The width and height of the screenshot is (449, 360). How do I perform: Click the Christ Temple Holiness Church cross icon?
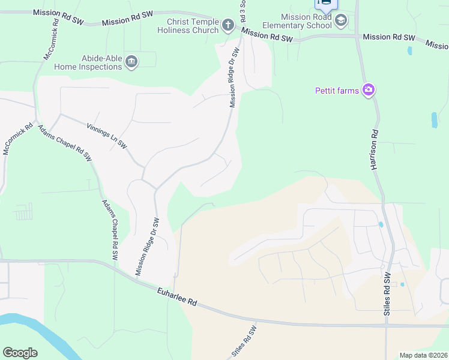click(228, 25)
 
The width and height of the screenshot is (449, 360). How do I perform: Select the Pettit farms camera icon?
click(369, 91)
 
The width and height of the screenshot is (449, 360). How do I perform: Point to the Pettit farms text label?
click(337, 91)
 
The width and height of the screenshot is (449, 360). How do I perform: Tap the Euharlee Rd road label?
click(176, 296)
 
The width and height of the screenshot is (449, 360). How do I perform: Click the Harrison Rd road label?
click(375, 150)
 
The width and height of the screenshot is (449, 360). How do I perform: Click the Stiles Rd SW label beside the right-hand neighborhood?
click(388, 294)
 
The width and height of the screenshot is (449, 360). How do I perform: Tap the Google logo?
click(20, 353)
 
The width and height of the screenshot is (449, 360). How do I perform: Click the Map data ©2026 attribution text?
click(423, 355)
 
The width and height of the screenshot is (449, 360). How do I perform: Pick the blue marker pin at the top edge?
click(325, 3)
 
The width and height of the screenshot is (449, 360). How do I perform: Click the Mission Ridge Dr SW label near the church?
click(235, 78)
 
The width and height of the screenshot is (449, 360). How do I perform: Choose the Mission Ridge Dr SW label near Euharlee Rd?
click(147, 247)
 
